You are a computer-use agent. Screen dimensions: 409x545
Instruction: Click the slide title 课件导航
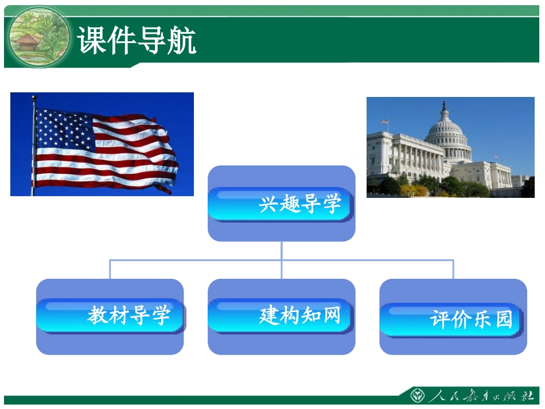tap(137, 41)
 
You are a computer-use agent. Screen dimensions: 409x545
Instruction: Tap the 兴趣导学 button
tap(281, 204)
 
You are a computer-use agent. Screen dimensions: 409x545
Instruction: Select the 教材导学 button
tap(110, 315)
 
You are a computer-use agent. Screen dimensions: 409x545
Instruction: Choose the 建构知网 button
tap(281, 315)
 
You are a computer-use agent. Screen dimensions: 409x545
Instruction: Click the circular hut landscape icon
tap(38, 37)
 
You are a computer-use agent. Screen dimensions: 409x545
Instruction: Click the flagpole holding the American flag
tap(34, 149)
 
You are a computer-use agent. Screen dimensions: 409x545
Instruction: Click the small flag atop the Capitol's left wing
tap(385, 122)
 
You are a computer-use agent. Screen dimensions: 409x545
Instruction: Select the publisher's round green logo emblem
tap(417, 395)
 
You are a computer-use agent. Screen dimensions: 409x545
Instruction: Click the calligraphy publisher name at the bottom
tap(482, 395)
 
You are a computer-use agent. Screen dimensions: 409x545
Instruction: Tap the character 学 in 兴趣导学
tap(331, 204)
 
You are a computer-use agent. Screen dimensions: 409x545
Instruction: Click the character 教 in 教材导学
tap(98, 315)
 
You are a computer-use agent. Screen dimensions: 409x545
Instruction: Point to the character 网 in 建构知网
tap(331, 315)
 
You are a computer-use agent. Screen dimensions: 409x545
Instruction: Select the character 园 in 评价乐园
tap(503, 319)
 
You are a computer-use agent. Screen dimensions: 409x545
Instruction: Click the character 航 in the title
tap(182, 41)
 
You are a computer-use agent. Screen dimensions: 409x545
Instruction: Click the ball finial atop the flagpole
tap(34, 98)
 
